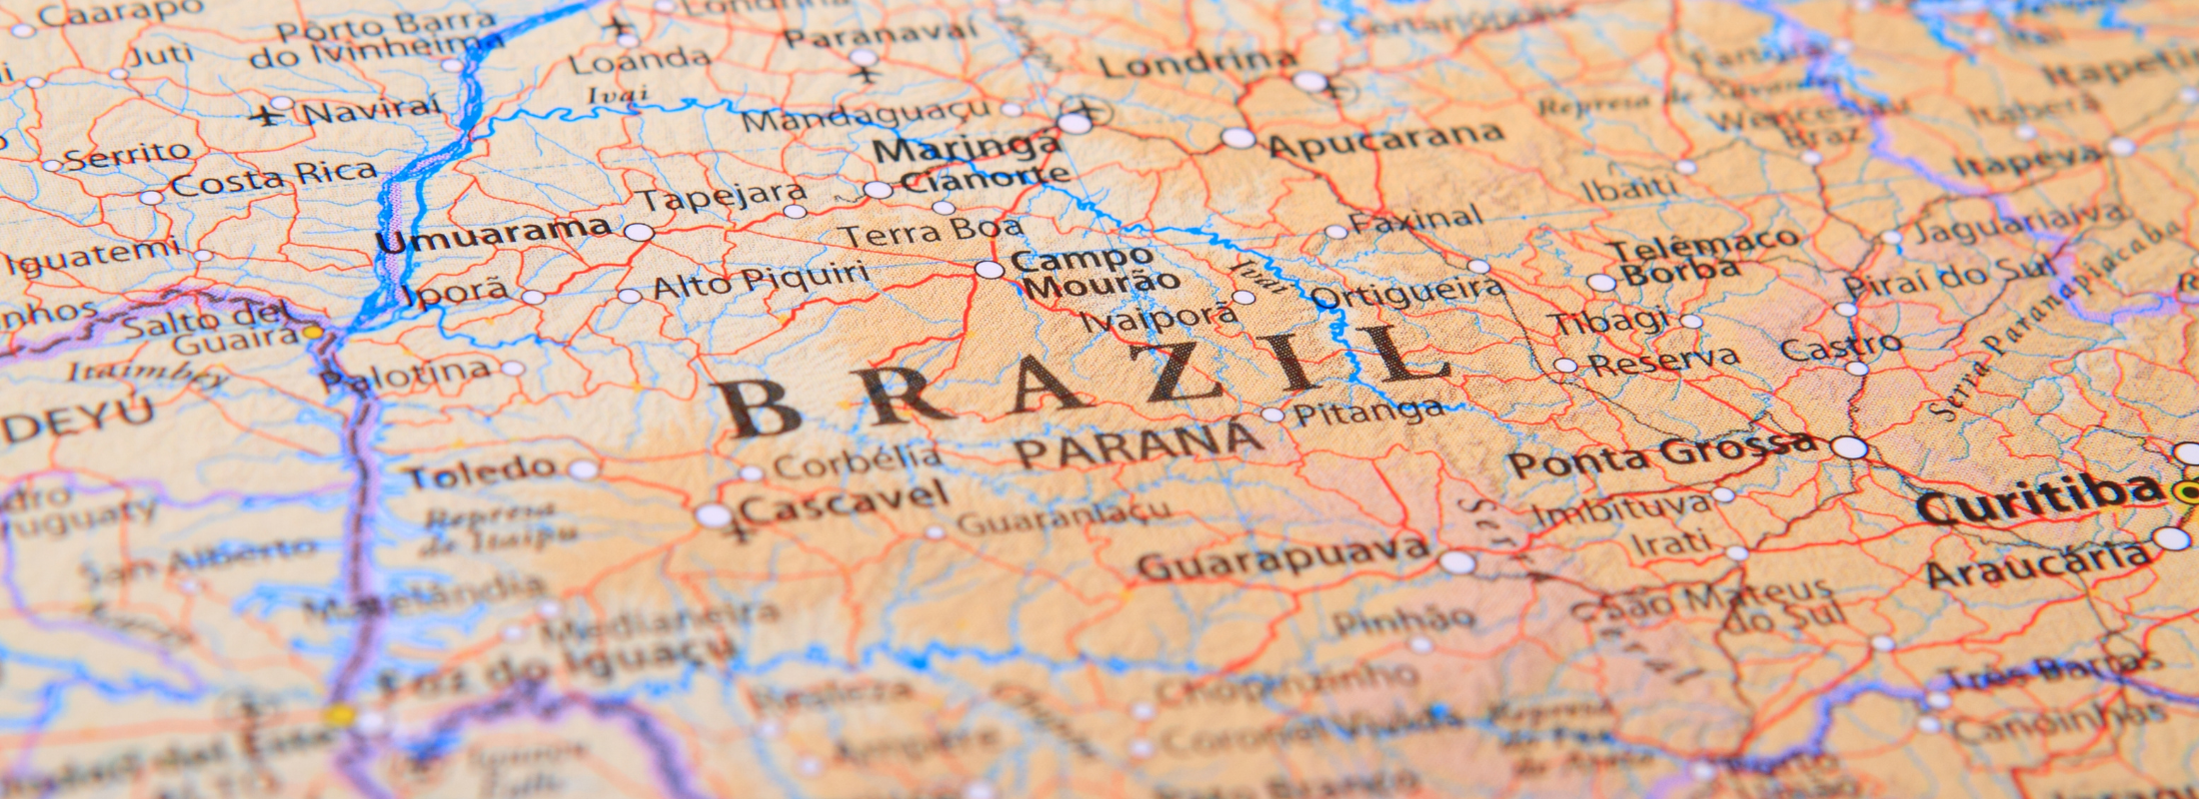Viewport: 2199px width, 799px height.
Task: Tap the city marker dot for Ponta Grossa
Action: tap(1849, 447)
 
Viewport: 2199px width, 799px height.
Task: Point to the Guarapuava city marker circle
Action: tap(1456, 562)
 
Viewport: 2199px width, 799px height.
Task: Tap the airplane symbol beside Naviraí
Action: tap(267, 117)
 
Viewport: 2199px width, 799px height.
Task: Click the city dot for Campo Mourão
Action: tap(989, 269)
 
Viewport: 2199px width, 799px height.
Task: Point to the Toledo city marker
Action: tap(583, 469)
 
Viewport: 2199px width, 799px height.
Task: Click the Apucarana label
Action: tap(1385, 141)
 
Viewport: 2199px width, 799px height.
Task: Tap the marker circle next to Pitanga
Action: tap(1271, 414)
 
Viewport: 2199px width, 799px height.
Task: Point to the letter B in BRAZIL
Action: tap(760, 407)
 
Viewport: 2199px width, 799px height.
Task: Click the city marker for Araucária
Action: tap(2171, 539)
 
